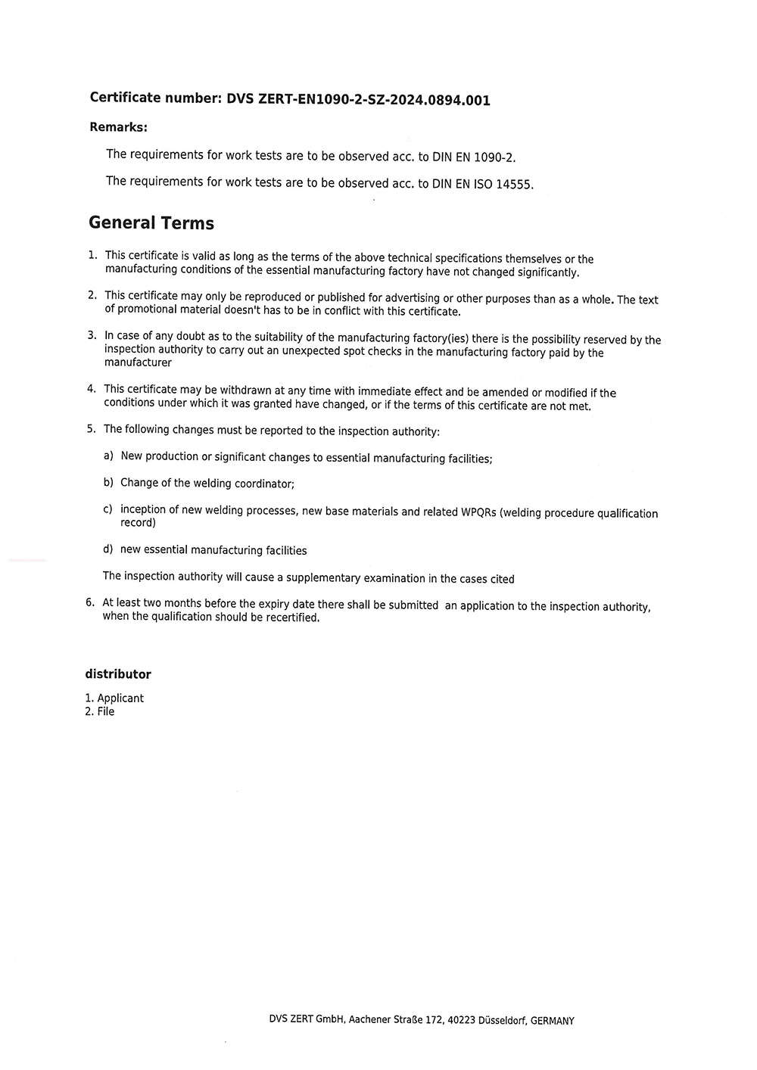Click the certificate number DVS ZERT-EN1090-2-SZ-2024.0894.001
click(x=358, y=99)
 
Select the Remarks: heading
click(x=118, y=127)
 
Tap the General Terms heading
click(x=151, y=223)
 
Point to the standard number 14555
click(x=515, y=185)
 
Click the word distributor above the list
click(x=118, y=674)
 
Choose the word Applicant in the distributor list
click(x=120, y=698)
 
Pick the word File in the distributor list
click(x=106, y=712)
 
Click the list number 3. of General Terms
click(x=92, y=335)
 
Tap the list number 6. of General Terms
click(x=90, y=602)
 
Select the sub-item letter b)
click(x=108, y=482)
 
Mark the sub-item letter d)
click(x=108, y=549)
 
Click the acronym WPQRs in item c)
click(x=478, y=512)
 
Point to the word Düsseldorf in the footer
click(x=503, y=1020)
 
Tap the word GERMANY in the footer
click(x=553, y=1021)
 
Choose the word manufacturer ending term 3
click(x=138, y=362)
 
